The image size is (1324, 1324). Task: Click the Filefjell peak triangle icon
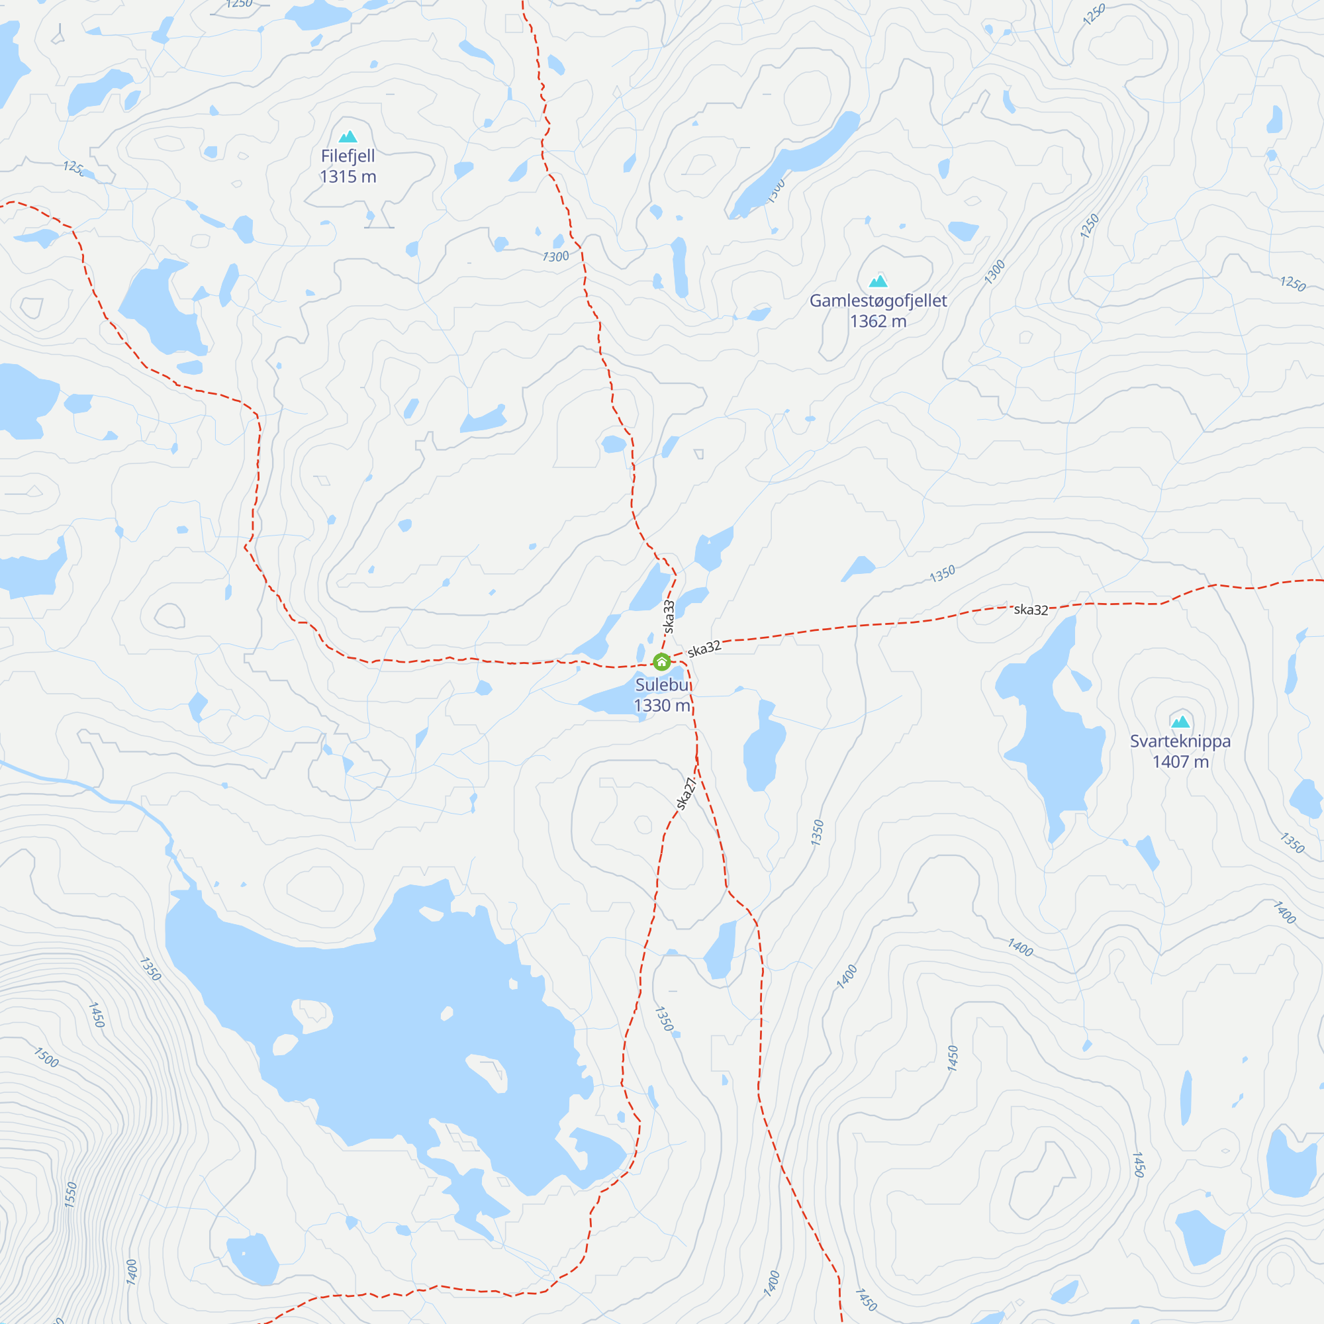click(x=348, y=136)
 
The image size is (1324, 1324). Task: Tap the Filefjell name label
click(x=348, y=156)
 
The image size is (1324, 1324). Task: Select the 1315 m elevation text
click(x=348, y=177)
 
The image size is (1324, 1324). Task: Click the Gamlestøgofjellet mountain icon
click(x=878, y=281)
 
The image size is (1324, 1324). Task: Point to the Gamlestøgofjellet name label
click(x=878, y=301)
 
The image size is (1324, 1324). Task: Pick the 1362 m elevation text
click(x=878, y=322)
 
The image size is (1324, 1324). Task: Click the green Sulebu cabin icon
click(x=661, y=662)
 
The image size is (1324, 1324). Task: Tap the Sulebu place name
click(x=663, y=685)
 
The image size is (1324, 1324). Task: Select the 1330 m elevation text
click(x=661, y=705)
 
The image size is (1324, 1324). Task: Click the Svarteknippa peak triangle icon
click(x=1180, y=722)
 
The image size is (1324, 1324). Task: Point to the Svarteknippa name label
click(x=1180, y=741)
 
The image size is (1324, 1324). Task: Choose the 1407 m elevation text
click(x=1180, y=762)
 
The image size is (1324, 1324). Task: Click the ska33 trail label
click(x=669, y=617)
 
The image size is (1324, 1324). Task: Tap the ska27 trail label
click(x=686, y=794)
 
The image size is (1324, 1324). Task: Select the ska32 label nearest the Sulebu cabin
click(x=704, y=649)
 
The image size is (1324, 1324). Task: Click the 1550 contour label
click(x=71, y=1194)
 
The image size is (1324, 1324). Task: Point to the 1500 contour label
click(x=46, y=1057)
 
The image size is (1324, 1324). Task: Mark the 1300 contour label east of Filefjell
click(x=556, y=256)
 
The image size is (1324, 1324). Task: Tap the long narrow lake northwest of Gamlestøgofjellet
click(x=795, y=164)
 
